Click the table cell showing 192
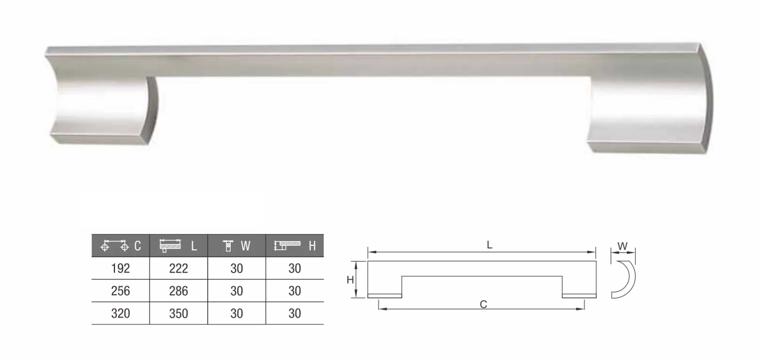pyautogui.click(x=120, y=268)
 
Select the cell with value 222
pyautogui.click(x=178, y=268)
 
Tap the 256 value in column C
pyautogui.click(x=120, y=291)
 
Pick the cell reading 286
pyautogui.click(x=178, y=291)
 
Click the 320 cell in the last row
pyautogui.click(x=120, y=314)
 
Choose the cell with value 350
pyautogui.click(x=178, y=314)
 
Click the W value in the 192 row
pyautogui.click(x=236, y=268)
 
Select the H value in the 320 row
pyautogui.click(x=294, y=314)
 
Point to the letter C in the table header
pyautogui.click(x=138, y=246)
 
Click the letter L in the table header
pyautogui.click(x=194, y=246)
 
